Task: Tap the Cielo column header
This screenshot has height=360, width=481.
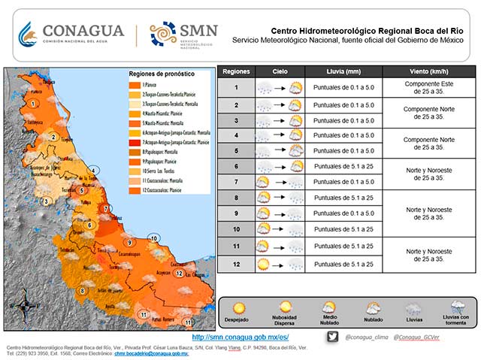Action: tap(279, 71)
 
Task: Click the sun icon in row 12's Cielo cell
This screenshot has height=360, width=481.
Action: tap(263, 264)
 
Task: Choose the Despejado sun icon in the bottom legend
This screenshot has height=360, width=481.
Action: tap(240, 308)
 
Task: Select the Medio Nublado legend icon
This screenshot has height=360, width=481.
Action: tap(328, 307)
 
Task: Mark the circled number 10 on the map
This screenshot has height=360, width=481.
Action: tap(153, 239)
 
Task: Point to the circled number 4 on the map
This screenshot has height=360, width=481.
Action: tap(94, 170)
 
